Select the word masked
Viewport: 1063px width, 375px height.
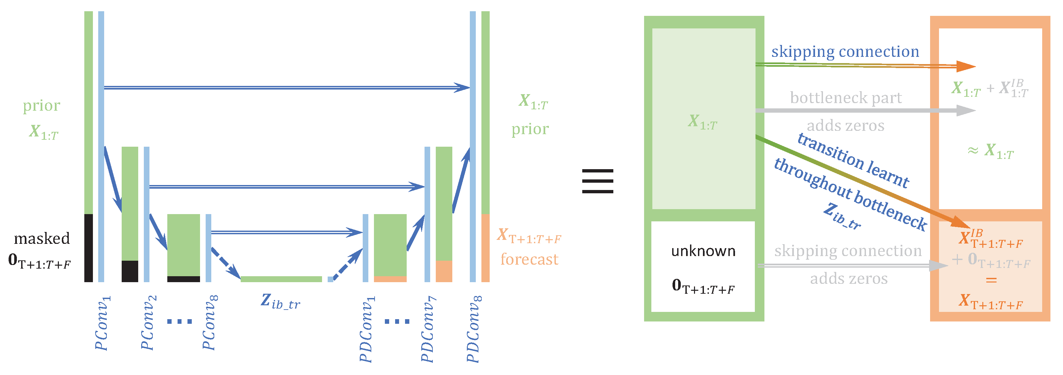tap(42, 239)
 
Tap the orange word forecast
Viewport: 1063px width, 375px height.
tap(529, 259)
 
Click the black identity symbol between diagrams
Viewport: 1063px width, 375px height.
tap(597, 181)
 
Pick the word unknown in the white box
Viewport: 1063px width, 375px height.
tap(703, 251)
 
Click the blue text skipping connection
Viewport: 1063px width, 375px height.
tap(845, 52)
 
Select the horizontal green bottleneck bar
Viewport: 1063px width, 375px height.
tap(281, 279)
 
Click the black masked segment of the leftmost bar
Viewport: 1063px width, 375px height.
tap(88, 247)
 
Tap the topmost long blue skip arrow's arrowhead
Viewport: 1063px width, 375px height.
tap(462, 88)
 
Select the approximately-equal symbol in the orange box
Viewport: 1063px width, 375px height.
tap(973, 151)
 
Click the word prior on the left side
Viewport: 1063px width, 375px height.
tap(41, 106)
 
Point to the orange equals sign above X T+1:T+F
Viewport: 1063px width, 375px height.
tap(991, 281)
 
